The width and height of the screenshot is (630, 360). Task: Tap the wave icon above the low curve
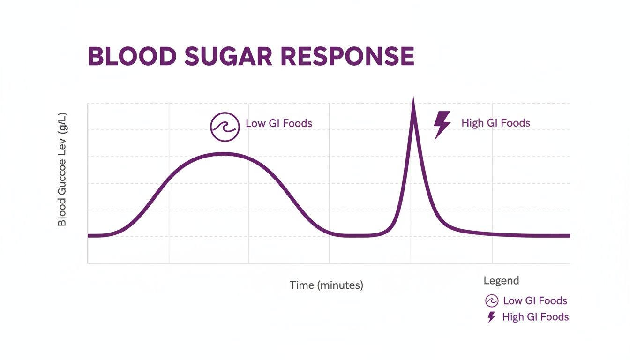225,127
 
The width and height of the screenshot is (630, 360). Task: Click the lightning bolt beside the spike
442,125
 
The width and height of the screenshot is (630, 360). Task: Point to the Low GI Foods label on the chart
279,123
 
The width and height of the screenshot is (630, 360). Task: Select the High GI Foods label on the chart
495,123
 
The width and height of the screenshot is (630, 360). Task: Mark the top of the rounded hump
224,154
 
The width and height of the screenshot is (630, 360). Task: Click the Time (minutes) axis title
326,285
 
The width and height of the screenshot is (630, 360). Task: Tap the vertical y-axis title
62,169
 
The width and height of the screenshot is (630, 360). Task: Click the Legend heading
501,281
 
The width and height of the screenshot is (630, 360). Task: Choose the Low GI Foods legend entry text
535,301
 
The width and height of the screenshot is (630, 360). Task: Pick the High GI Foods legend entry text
535,317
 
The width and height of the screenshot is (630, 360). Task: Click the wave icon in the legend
492,301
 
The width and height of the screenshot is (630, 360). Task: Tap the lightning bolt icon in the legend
491,317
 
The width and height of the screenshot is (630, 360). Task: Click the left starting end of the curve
89,235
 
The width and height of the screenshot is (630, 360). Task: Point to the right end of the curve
568,235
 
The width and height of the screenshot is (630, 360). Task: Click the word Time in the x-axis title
301,285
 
